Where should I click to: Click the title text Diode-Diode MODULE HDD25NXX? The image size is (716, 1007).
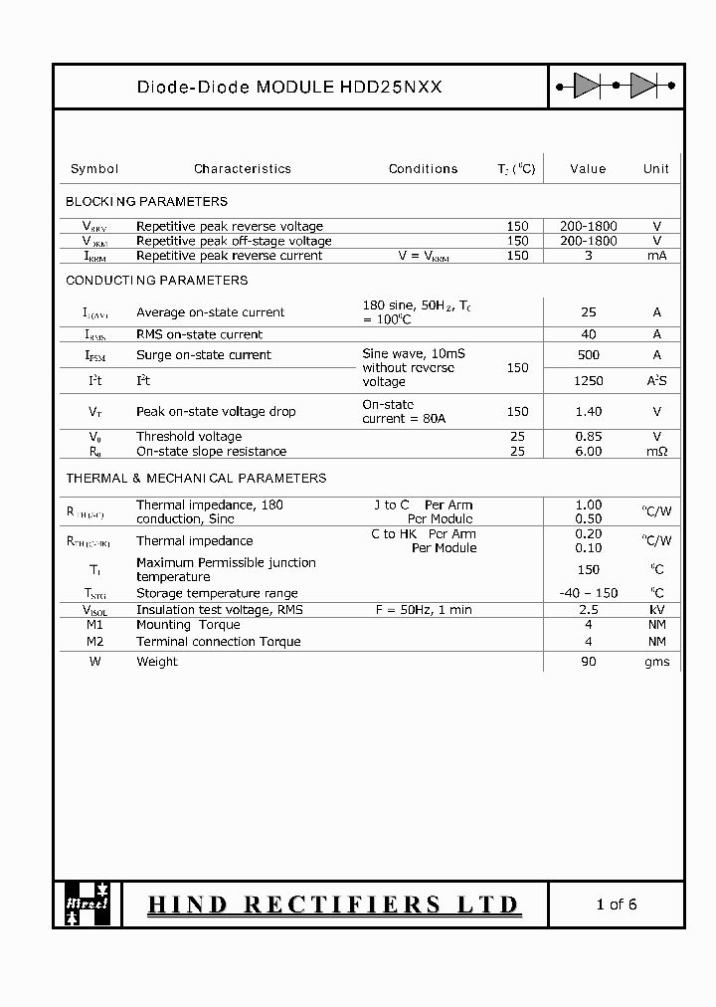point(289,88)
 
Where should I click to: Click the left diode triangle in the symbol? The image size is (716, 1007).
point(587,87)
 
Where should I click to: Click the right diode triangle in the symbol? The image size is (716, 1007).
point(644,87)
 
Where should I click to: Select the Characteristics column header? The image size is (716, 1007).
point(243,169)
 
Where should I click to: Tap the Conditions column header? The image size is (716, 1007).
point(423,169)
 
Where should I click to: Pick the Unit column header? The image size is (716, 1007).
point(655,169)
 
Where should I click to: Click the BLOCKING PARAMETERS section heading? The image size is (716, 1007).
point(146,201)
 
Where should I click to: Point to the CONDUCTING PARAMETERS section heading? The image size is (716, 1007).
point(157,281)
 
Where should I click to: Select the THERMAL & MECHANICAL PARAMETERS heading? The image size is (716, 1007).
point(196,479)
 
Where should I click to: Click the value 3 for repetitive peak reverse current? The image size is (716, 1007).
point(588,256)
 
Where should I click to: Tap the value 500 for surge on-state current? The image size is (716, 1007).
point(588,355)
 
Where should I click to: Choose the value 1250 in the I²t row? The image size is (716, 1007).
point(588,381)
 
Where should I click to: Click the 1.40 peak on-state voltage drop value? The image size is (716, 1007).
point(588,411)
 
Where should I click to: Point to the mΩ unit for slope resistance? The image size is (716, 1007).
point(656,452)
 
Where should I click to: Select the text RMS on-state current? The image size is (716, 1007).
point(200,335)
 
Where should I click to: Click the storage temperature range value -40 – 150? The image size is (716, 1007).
point(588,593)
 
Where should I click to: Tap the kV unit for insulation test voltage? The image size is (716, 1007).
point(656,610)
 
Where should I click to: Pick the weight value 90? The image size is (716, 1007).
point(588,662)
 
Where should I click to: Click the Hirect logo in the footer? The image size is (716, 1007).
point(87,904)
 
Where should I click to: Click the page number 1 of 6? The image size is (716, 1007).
point(616,905)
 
